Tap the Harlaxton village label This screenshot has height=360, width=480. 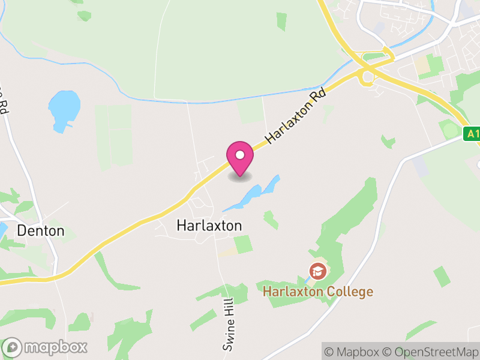(209, 226)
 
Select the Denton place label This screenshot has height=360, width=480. (41, 230)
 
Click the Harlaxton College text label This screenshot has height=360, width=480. (318, 292)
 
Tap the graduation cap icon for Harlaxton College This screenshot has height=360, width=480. (317, 272)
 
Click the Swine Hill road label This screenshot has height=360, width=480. (229, 326)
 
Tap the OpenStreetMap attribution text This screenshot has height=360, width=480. (433, 352)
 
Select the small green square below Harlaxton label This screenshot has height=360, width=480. (242, 244)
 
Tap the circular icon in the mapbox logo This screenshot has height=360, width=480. (13, 347)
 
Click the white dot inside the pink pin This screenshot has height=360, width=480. (240, 155)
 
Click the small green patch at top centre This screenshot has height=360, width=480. (281, 22)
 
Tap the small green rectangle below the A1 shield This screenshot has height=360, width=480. (442, 276)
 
